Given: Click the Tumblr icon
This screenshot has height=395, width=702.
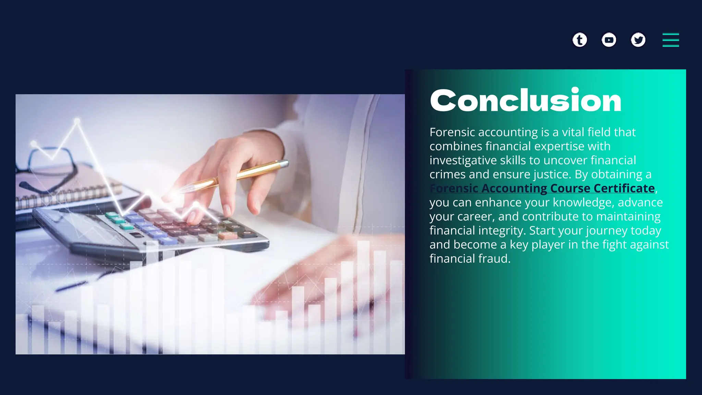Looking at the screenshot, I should [580, 40].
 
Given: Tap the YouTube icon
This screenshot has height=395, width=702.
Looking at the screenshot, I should [609, 40].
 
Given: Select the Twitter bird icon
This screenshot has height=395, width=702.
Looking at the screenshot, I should [638, 40].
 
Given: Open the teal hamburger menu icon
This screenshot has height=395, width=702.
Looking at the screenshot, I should [670, 40].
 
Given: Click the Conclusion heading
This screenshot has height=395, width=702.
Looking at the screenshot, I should [525, 100].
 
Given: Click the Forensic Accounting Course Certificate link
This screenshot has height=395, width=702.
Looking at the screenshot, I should [542, 188].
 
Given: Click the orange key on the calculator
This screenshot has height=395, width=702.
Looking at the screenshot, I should [227, 236].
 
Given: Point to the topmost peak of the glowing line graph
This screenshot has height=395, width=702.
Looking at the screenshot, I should [77, 121].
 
